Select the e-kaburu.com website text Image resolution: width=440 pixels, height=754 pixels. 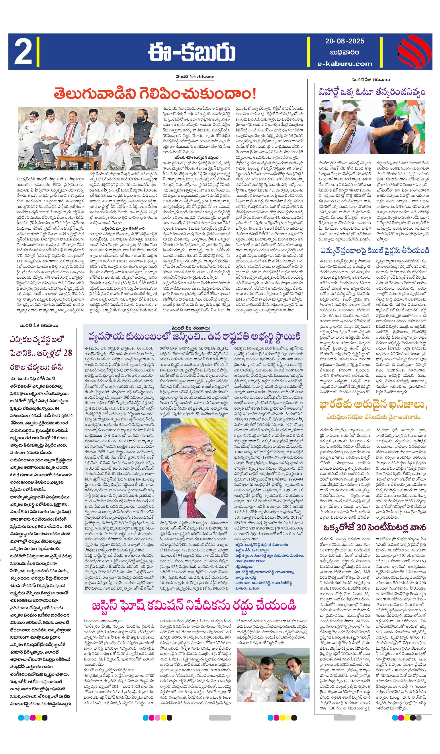pos(345,63)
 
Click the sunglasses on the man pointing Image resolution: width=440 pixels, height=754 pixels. pos(389,105)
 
